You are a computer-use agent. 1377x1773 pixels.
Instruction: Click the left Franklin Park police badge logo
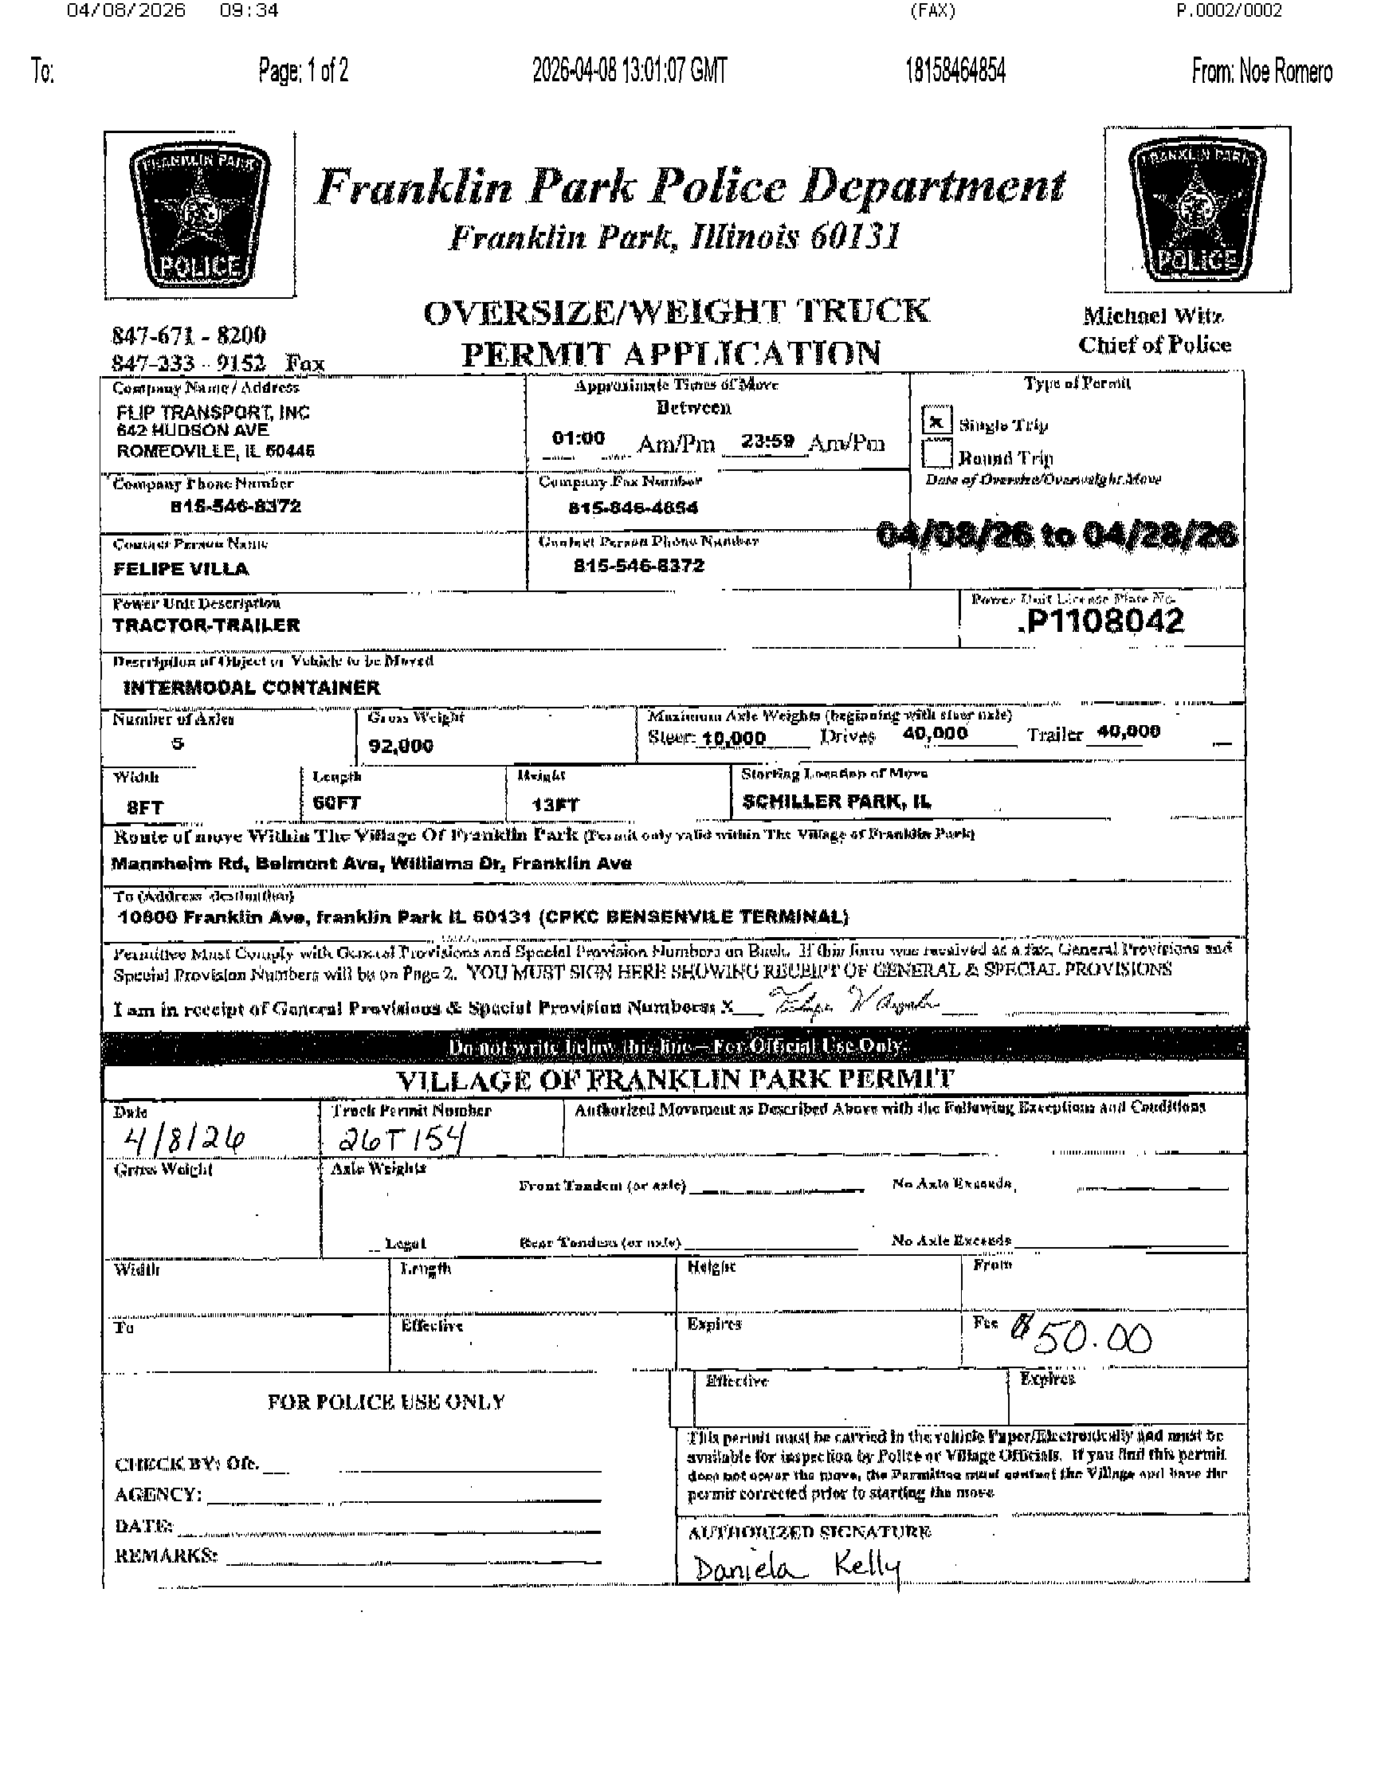click(x=200, y=214)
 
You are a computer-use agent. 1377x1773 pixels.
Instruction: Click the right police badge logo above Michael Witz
click(x=1197, y=210)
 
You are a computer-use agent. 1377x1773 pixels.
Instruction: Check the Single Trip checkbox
click(x=937, y=422)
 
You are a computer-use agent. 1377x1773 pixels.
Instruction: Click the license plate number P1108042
click(x=1101, y=622)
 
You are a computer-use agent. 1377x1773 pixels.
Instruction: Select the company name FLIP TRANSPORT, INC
click(x=213, y=413)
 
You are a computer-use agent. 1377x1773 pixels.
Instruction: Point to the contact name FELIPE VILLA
click(x=180, y=568)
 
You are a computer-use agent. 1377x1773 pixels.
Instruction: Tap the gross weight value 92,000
click(x=400, y=745)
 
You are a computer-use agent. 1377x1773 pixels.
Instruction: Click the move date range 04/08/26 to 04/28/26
click(x=1057, y=535)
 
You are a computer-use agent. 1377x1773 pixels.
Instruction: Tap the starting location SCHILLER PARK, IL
click(x=836, y=802)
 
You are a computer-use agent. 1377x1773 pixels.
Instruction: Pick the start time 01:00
click(x=578, y=438)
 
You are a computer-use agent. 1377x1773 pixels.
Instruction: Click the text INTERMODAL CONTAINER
click(x=251, y=688)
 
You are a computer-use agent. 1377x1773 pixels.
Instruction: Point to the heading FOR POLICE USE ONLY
click(x=386, y=1402)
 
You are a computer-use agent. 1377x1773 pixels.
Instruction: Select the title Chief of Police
click(x=1154, y=345)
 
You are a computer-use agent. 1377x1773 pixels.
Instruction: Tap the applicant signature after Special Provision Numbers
click(x=853, y=1002)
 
